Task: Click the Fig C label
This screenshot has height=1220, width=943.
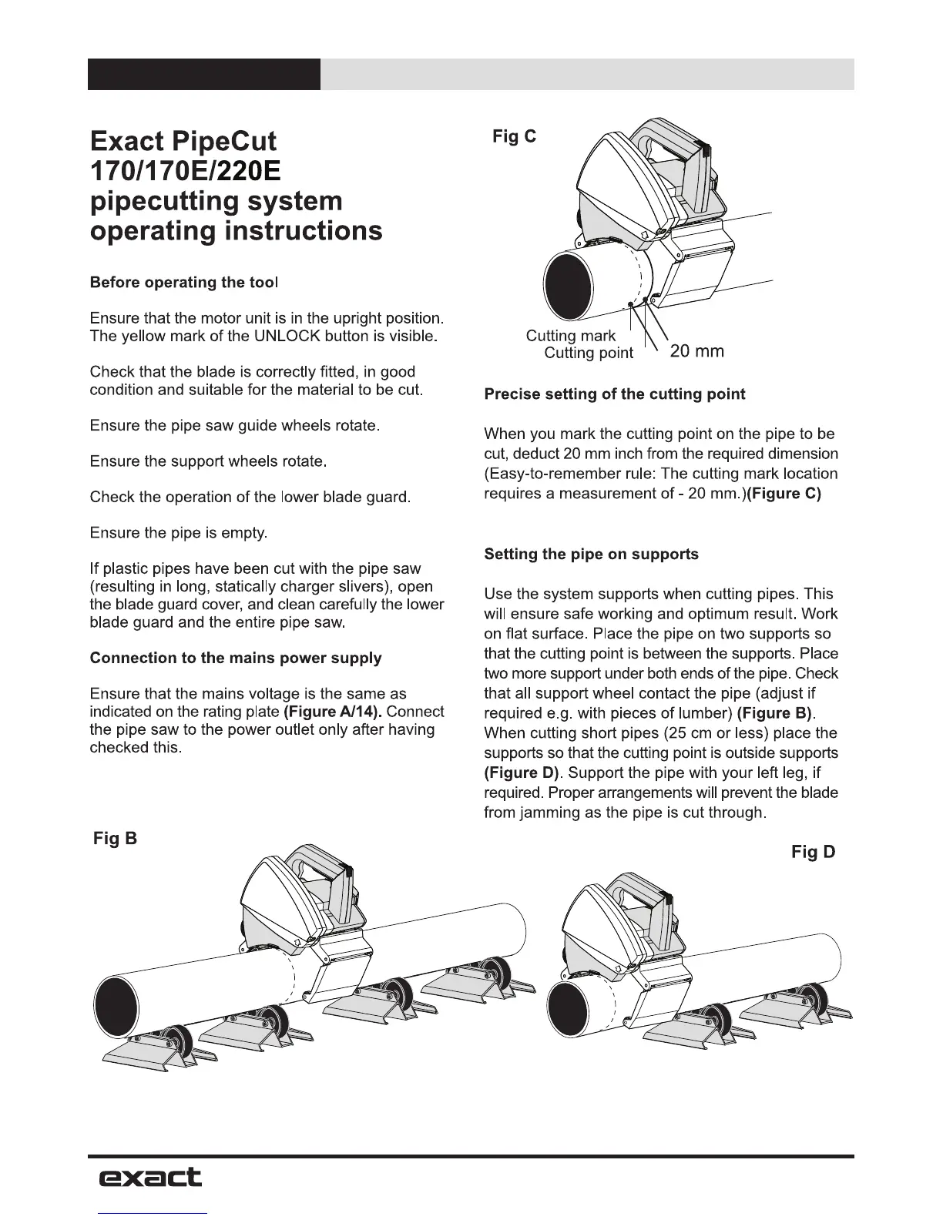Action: click(x=515, y=137)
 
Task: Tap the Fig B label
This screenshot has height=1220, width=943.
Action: click(x=115, y=838)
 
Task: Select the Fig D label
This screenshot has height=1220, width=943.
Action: click(x=813, y=852)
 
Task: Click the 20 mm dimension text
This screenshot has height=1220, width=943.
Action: click(x=696, y=352)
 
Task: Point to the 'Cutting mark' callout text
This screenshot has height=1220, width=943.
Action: click(x=570, y=336)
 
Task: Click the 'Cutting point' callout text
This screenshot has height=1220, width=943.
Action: click(x=588, y=354)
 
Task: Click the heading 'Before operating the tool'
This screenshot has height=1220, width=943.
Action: click(x=183, y=283)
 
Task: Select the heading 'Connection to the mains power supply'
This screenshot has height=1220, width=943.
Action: click(x=235, y=658)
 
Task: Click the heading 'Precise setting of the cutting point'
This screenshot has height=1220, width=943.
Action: click(x=614, y=394)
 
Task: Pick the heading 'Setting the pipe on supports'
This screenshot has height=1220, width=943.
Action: click(x=591, y=555)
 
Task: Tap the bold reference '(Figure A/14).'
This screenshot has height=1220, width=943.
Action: click(x=333, y=711)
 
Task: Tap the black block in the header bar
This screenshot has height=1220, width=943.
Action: click(x=203, y=75)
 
